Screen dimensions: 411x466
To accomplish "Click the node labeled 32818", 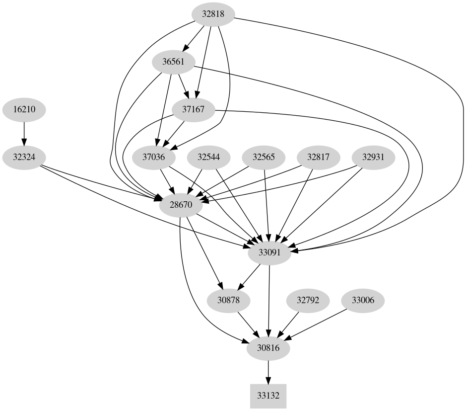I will (x=213, y=14).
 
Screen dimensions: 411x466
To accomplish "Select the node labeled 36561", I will (x=174, y=62).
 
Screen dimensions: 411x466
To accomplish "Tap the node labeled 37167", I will (x=194, y=109).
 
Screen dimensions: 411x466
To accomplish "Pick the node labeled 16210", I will (x=24, y=109).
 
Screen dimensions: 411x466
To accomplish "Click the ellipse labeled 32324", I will (x=24, y=157).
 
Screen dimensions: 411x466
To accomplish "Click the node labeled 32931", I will (x=373, y=157).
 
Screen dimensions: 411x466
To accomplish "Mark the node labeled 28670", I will (x=181, y=204).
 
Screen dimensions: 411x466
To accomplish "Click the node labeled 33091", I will (x=269, y=252).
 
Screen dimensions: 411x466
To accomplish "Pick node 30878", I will (x=228, y=300).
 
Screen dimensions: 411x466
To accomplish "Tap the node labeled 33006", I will (x=363, y=300).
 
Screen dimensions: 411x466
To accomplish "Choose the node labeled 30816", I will (x=269, y=348).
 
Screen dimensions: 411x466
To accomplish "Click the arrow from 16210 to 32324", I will (x=24, y=133).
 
